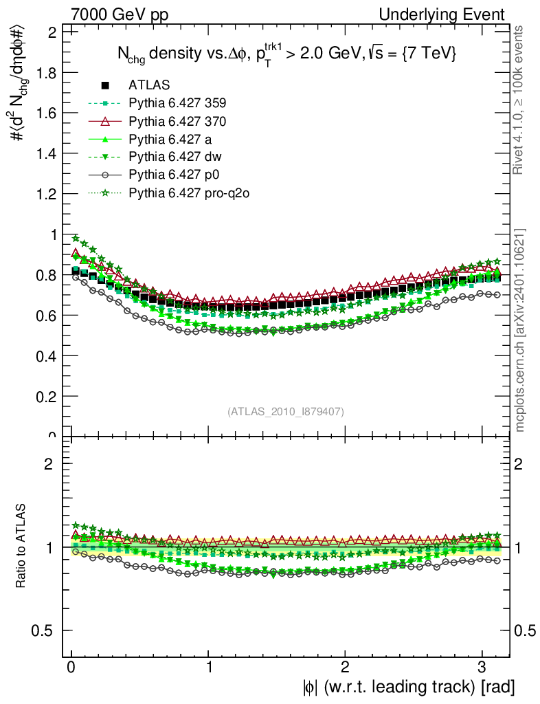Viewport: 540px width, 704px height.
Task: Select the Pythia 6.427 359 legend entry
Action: tap(177, 103)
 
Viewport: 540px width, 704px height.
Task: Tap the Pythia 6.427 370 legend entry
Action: tap(177, 121)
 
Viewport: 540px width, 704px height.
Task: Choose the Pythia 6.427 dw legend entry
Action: tap(172, 157)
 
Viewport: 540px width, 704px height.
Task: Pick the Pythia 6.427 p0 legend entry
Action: tap(172, 175)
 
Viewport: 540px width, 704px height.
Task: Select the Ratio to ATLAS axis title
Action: tap(22, 547)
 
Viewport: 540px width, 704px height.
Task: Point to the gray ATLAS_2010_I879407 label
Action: tap(286, 411)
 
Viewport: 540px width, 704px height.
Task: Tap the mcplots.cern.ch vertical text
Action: tap(520, 331)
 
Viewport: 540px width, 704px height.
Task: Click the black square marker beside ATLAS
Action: tap(105, 85)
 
